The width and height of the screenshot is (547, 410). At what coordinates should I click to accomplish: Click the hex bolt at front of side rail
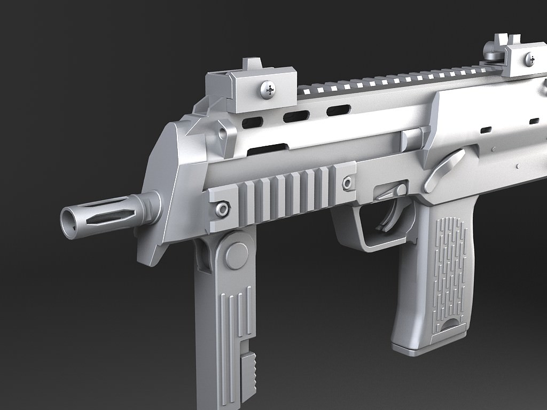click(x=222, y=209)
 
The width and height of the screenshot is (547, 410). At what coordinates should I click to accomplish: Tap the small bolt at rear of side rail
click(x=348, y=183)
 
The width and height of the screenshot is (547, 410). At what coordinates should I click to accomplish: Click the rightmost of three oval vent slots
click(x=338, y=111)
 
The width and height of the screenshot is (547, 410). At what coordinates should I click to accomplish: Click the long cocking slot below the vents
click(x=268, y=150)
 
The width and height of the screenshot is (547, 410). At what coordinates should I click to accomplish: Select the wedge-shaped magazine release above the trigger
click(x=393, y=192)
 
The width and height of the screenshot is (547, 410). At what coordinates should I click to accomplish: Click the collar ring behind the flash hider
click(x=151, y=208)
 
